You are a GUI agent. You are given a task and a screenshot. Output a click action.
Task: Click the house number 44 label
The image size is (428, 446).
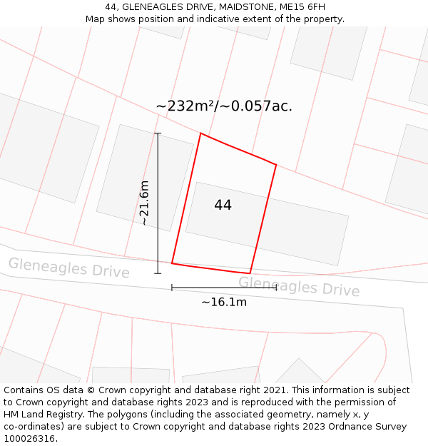pyautogui.click(x=223, y=206)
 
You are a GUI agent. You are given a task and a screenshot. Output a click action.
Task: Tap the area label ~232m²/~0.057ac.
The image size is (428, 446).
pyautogui.click(x=224, y=106)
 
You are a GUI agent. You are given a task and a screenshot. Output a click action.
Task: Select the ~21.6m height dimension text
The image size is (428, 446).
pyautogui.click(x=144, y=203)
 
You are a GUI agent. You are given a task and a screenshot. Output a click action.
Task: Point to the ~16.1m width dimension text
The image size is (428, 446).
pyautogui.click(x=224, y=302)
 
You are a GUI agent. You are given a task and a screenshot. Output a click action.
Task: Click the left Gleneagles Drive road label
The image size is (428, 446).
pyautogui.click(x=69, y=268)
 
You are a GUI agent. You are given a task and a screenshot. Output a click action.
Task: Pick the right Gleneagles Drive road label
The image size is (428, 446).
pyautogui.click(x=299, y=286)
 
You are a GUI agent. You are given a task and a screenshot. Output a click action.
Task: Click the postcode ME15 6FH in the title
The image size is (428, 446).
pyautogui.click(x=301, y=7)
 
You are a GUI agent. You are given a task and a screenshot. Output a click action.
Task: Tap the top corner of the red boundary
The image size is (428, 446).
pyautogui.click(x=200, y=133)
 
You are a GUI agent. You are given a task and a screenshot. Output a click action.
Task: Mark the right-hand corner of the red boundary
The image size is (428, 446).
pyautogui.click(x=276, y=165)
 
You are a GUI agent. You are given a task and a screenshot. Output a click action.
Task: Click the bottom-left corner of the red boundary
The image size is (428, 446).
pyautogui.click(x=172, y=263)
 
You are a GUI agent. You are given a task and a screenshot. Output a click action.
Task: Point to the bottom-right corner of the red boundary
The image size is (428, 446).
pyautogui.click(x=250, y=273)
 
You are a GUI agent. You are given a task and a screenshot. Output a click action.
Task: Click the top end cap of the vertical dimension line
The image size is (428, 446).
pyautogui.click(x=158, y=133)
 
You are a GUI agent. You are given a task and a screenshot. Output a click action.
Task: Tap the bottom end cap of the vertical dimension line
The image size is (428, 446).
pyautogui.click(x=158, y=273)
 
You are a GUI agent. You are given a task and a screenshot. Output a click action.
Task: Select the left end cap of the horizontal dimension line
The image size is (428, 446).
pyautogui.click(x=172, y=288)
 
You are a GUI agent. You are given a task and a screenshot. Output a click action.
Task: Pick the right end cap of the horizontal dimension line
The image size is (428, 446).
pyautogui.click(x=276, y=288)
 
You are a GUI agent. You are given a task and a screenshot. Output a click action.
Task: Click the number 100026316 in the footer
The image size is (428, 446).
pyautogui.click(x=29, y=439)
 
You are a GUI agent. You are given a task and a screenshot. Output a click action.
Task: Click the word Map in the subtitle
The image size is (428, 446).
pyautogui.click(x=96, y=19)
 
